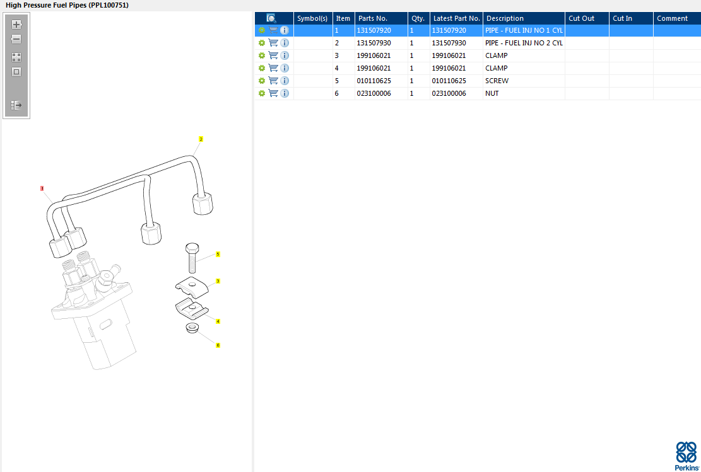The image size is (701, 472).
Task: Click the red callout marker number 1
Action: coord(42,188)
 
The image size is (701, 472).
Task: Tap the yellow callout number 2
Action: coord(201,139)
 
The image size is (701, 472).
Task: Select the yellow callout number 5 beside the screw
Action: coord(218,254)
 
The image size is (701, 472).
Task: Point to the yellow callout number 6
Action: coord(218,345)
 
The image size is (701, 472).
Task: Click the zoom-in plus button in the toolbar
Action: coord(16,25)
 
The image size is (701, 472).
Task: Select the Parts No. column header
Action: coord(373,18)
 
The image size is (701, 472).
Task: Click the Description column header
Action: coord(505,18)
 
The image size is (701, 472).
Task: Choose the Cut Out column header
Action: coord(581,18)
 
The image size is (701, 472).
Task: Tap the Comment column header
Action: coord(672,18)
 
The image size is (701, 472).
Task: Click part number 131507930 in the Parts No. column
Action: coord(374,43)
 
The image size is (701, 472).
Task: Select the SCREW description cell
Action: coord(497,81)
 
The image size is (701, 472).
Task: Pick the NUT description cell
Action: coord(492,93)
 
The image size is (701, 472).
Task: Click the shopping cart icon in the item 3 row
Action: coord(273,55)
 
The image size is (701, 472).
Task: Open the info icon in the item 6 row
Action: coord(285,93)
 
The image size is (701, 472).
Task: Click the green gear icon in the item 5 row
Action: coord(261,81)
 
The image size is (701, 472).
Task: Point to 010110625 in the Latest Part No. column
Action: coord(449,81)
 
